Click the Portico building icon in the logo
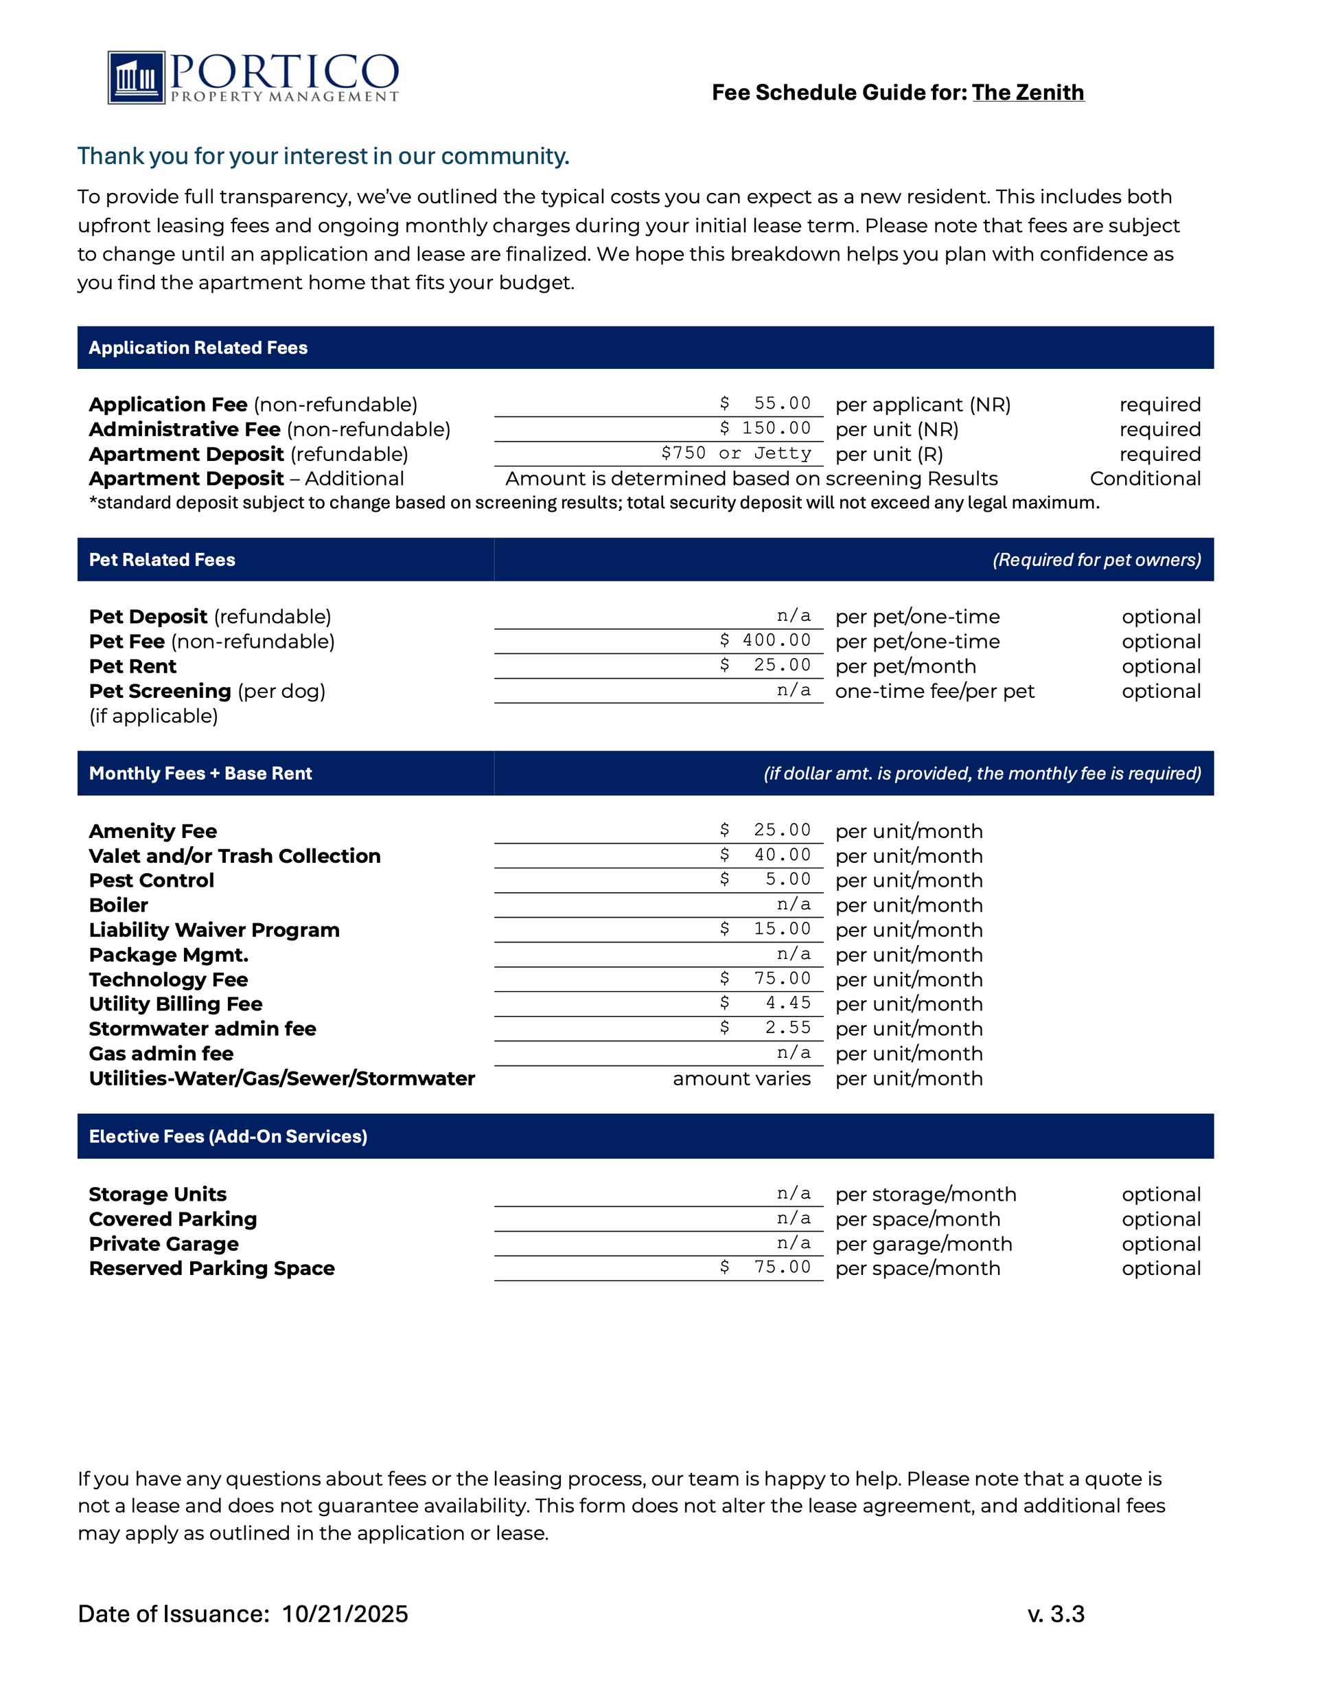point(136,78)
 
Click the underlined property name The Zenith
point(1028,92)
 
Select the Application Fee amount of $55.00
point(765,403)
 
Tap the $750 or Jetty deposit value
point(736,453)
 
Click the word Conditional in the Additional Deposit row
point(1144,478)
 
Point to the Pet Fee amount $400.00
point(765,640)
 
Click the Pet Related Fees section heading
point(162,560)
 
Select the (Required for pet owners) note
point(1096,560)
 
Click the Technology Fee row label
point(168,980)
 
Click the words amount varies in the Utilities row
point(741,1078)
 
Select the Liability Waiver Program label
point(214,930)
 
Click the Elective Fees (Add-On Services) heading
point(227,1136)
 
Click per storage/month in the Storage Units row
point(925,1195)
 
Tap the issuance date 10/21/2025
point(345,1614)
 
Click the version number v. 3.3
point(1056,1614)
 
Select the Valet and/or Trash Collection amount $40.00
point(765,855)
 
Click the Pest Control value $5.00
point(765,879)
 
